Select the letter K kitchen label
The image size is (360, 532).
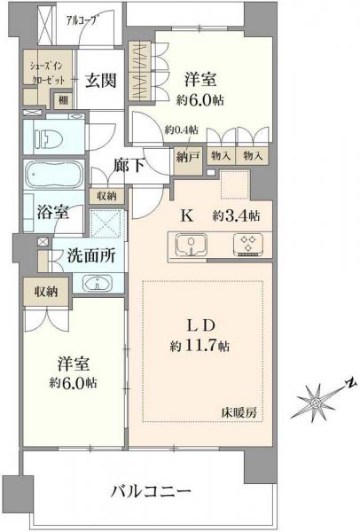click(187, 215)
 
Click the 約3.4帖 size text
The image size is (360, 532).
click(236, 215)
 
